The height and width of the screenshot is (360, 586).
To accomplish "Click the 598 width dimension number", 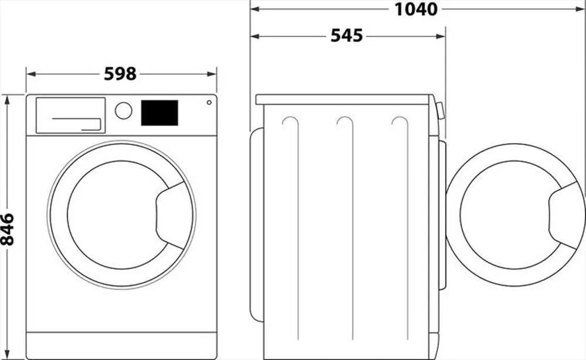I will tap(120, 74).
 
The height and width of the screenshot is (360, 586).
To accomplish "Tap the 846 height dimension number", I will tap(8, 229).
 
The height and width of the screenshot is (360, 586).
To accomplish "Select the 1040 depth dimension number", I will tap(416, 9).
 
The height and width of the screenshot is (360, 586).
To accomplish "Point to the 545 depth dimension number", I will tap(347, 36).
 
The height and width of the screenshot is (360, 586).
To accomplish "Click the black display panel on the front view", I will tap(159, 113).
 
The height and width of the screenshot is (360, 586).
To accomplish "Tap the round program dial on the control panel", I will tap(124, 111).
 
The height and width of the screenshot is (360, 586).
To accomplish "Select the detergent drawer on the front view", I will tap(70, 115).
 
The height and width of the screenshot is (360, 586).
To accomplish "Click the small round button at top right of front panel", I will tap(209, 103).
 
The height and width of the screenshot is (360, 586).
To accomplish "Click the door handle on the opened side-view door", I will tap(565, 215).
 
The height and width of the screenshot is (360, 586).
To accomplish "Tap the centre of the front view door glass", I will tap(114, 214).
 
